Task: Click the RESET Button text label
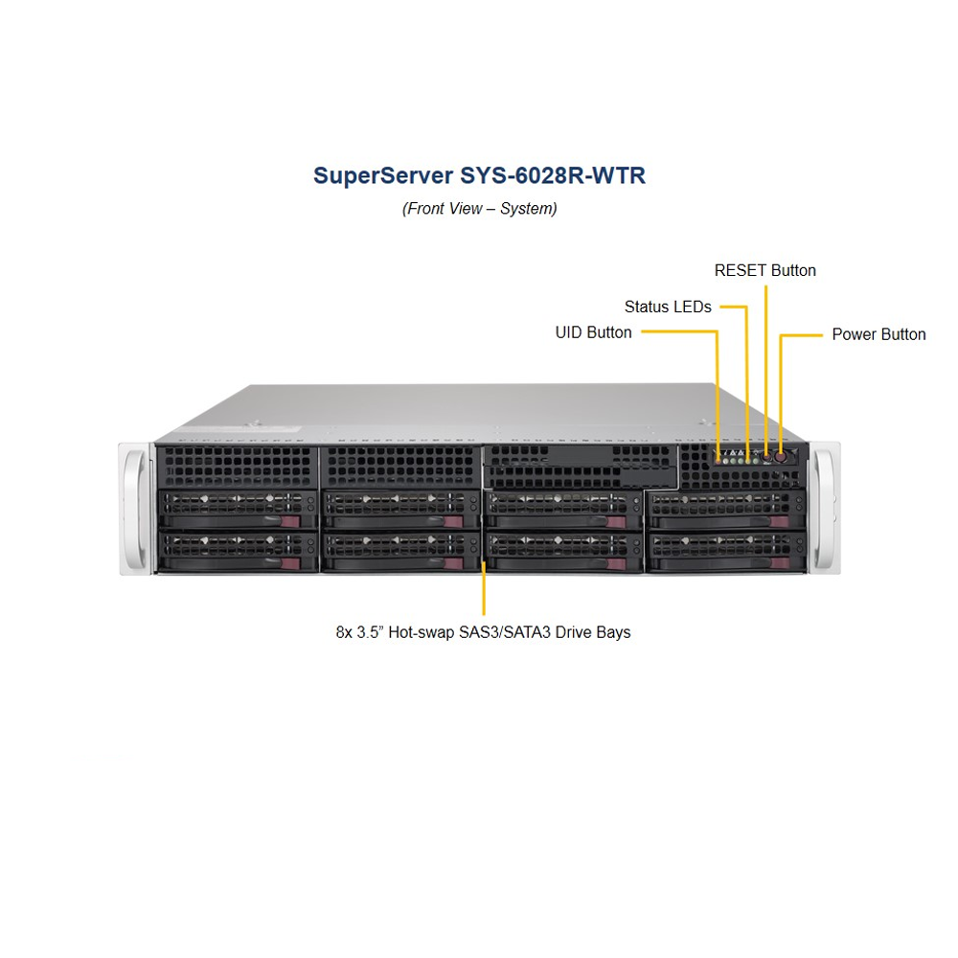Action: click(765, 270)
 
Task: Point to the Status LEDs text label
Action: click(668, 307)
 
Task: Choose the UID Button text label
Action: click(594, 332)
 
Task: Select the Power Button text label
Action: click(878, 334)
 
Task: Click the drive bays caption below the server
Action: click(484, 632)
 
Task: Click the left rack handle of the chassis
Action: click(135, 508)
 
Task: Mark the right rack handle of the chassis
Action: click(824, 508)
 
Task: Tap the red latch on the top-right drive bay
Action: click(781, 521)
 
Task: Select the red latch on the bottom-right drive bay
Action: click(781, 560)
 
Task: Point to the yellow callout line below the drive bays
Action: click(484, 589)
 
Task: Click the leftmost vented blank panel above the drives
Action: click(237, 466)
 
